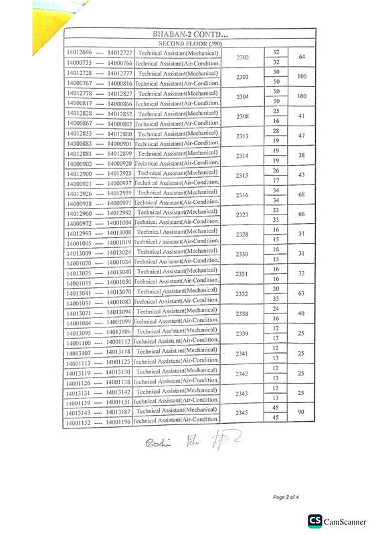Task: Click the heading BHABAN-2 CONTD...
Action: (x=190, y=34)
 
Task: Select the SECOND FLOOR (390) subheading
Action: (x=190, y=43)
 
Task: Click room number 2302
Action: (x=243, y=57)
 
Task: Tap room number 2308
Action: (x=243, y=117)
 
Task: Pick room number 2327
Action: (x=243, y=215)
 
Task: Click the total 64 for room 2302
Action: (x=302, y=57)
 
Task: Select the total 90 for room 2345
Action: (x=301, y=412)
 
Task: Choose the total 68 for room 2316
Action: (x=302, y=194)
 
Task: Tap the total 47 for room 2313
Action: (x=302, y=136)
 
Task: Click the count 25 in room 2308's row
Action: (x=276, y=111)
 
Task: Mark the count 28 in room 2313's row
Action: (x=276, y=131)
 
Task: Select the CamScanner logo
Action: (x=339, y=521)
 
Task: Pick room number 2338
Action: (x=242, y=314)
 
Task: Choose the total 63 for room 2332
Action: (x=301, y=293)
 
